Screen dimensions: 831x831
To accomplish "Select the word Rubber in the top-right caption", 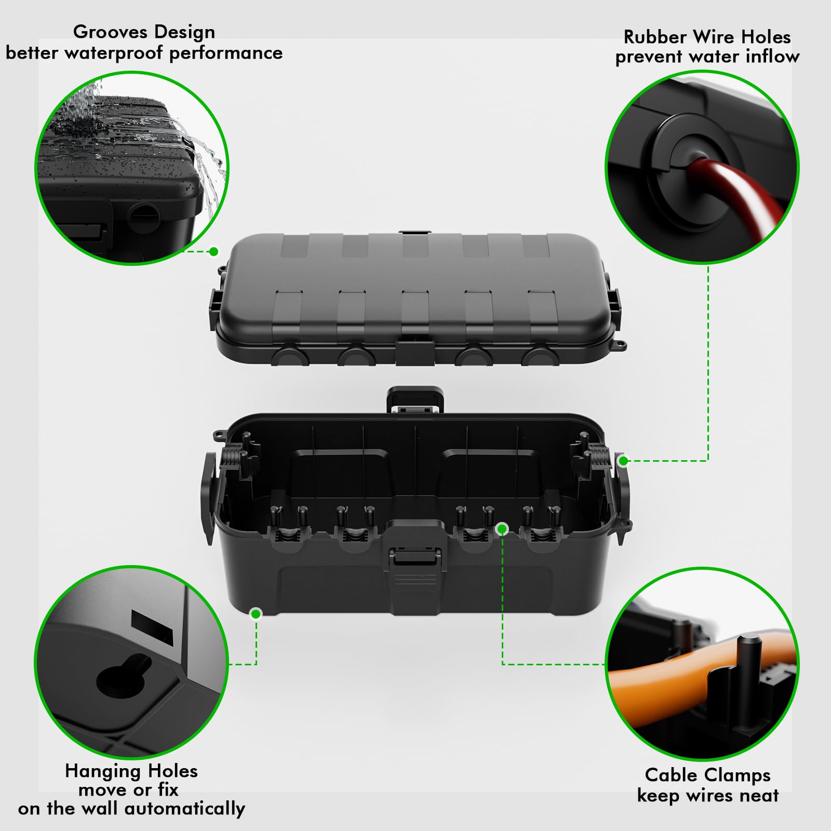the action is coord(655,37).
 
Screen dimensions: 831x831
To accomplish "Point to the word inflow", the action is coord(772,56).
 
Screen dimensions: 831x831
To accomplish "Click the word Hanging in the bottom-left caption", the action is coord(96,771).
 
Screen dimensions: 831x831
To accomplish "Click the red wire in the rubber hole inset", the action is coord(727,192).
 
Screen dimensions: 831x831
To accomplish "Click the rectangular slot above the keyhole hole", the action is coord(152,628).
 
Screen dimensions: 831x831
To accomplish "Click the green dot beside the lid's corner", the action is coord(213,252).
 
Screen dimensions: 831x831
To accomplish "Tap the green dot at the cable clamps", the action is coord(502,529).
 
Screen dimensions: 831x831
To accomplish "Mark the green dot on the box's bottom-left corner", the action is coord(256,614).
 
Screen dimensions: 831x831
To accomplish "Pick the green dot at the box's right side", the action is coord(624,460).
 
